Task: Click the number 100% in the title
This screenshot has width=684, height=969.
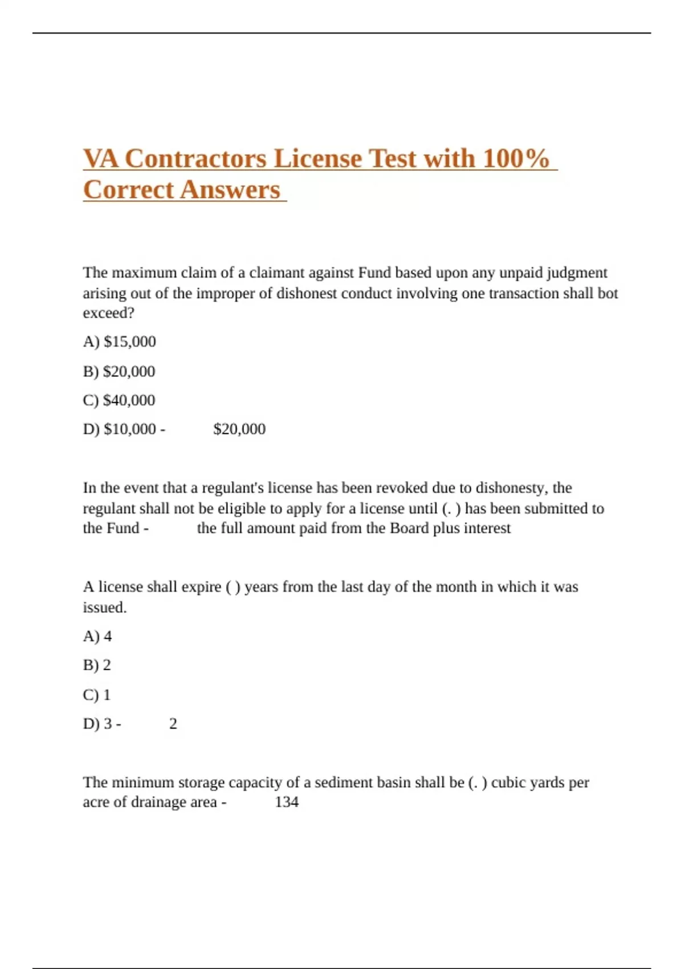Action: [x=515, y=159]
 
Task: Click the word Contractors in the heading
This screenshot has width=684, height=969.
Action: [x=196, y=159]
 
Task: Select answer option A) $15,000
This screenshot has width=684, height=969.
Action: [x=119, y=341]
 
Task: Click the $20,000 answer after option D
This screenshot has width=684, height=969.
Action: [x=239, y=429]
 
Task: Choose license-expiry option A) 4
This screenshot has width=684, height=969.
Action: [x=97, y=636]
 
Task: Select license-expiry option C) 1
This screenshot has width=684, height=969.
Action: [x=97, y=695]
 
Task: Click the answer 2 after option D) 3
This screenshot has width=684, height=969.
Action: [x=173, y=724]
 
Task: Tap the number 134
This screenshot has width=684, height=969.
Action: [x=287, y=802]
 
